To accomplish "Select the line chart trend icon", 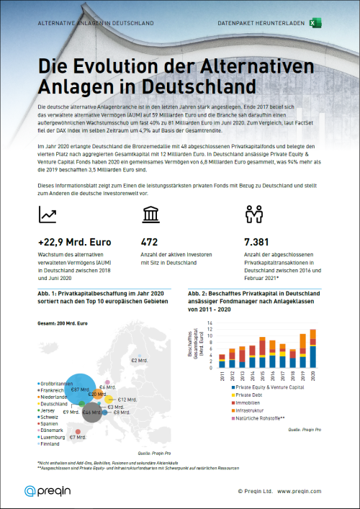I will coord(49,214).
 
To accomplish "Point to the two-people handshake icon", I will coord(254,214).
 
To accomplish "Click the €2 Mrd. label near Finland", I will coord(138,359).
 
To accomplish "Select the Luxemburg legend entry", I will coord(54,436).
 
